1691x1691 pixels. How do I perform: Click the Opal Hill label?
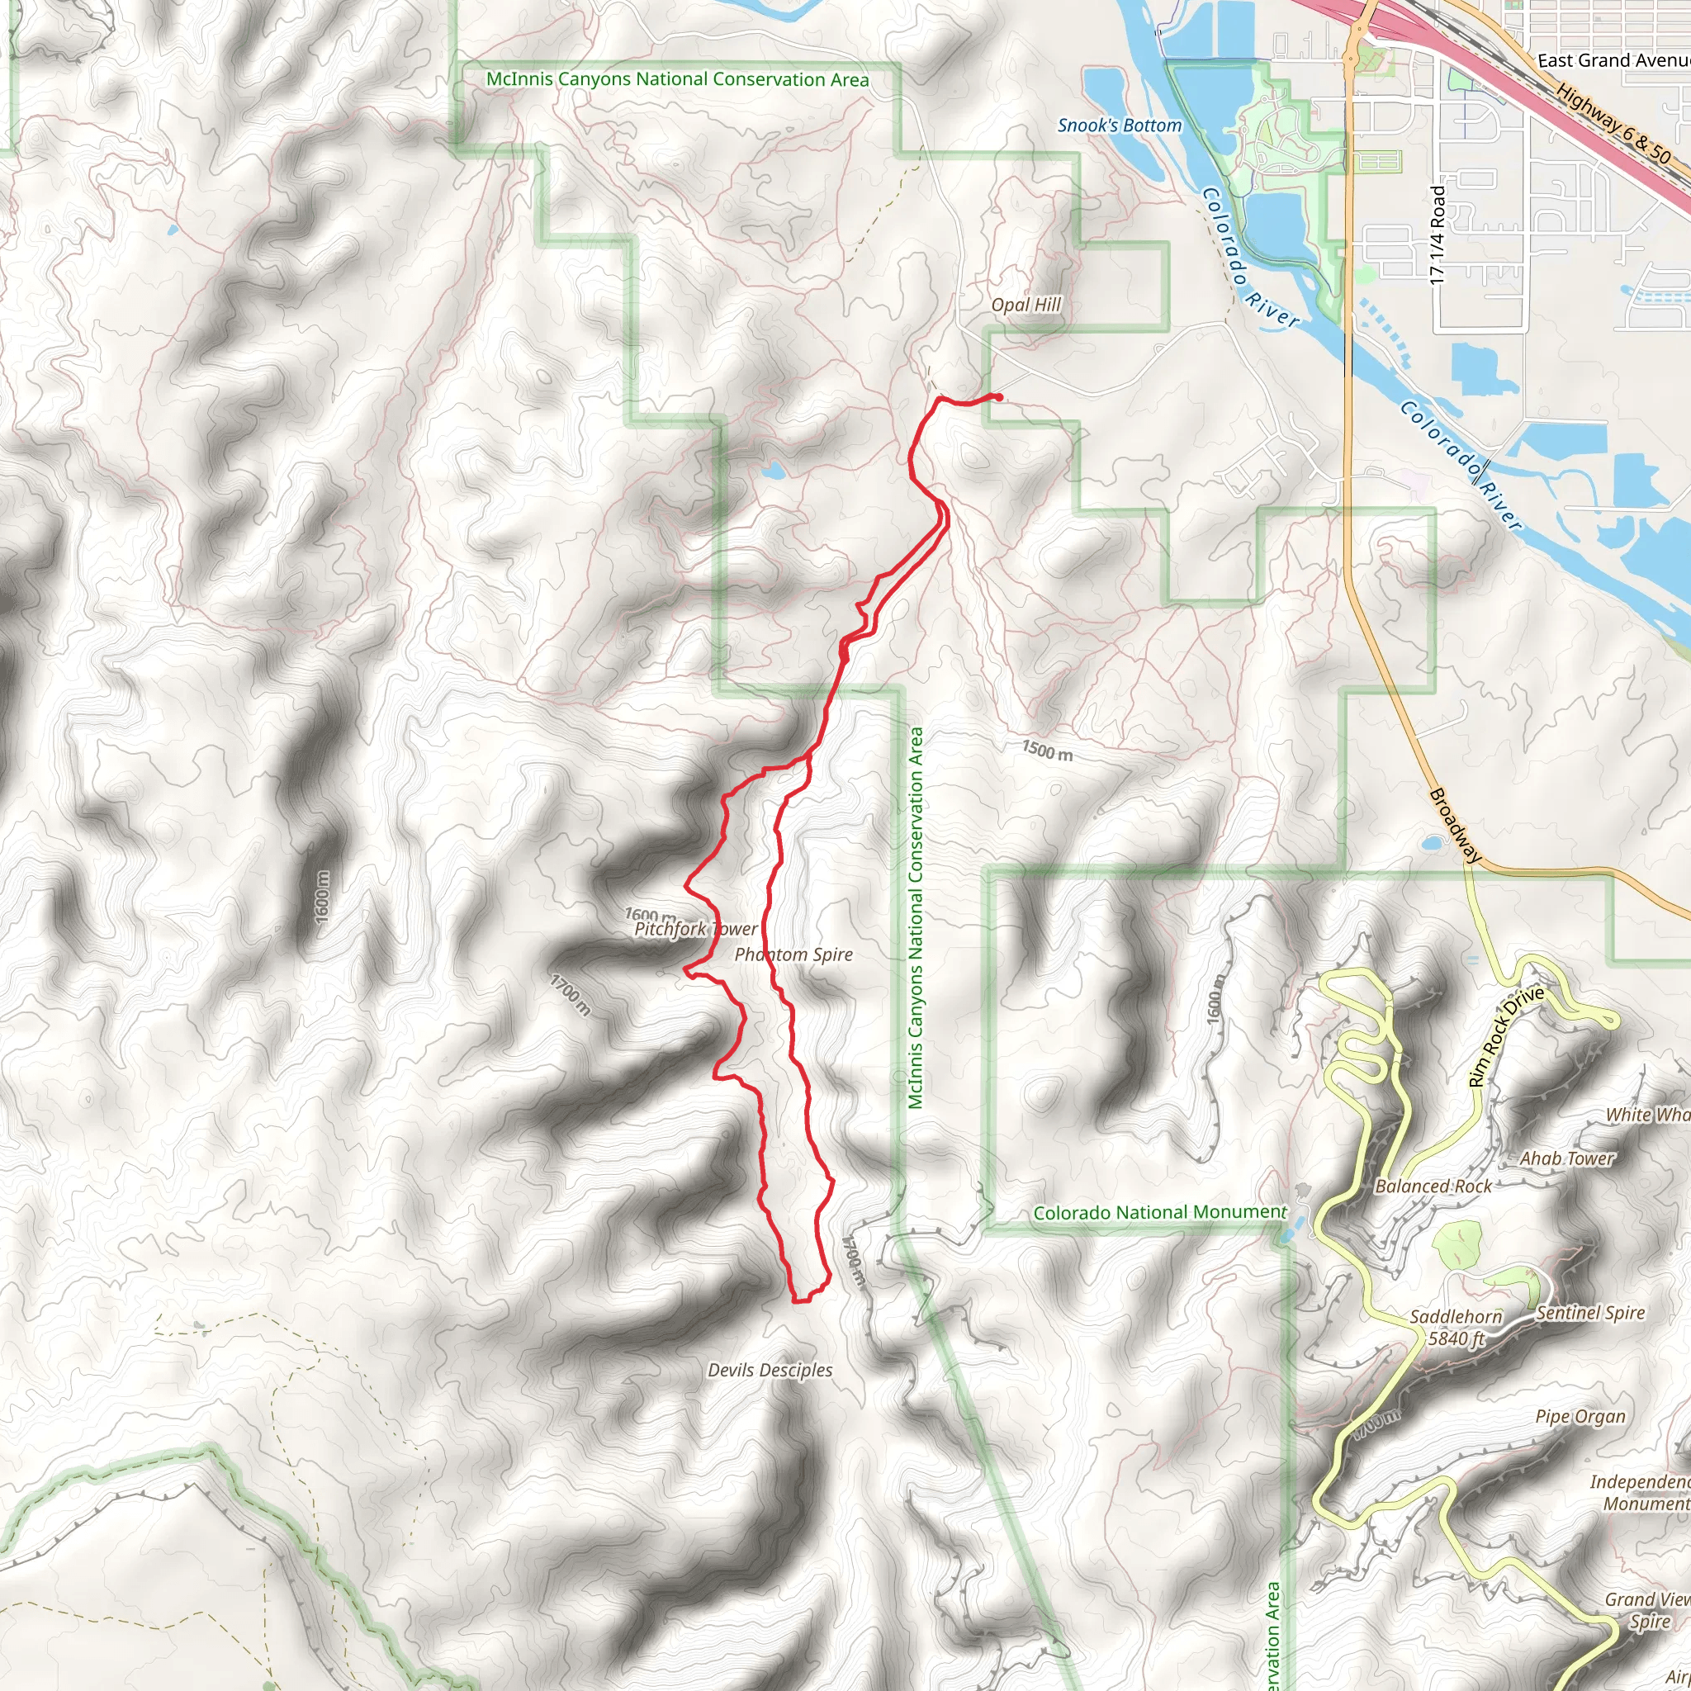coord(1025,305)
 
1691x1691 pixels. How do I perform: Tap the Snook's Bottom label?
coord(1120,126)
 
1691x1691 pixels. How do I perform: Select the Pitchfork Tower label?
coord(696,929)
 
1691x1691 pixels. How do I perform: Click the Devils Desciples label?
coord(770,1370)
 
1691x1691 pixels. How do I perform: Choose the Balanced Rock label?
coord(1433,1186)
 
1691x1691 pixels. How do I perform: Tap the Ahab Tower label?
coord(1565,1158)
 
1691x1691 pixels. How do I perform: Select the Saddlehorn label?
coord(1456,1316)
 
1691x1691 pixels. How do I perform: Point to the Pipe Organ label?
coord(1580,1416)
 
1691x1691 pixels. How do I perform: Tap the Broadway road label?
coord(1455,826)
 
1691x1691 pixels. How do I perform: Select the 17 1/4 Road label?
coord(1438,234)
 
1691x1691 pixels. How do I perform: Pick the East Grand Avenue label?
coord(1613,60)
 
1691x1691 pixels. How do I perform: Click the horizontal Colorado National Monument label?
coord(1160,1212)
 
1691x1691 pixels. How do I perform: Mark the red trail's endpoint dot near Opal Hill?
coord(997,397)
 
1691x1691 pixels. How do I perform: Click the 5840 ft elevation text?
coord(1457,1338)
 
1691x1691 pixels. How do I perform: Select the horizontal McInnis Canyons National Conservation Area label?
coord(677,79)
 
